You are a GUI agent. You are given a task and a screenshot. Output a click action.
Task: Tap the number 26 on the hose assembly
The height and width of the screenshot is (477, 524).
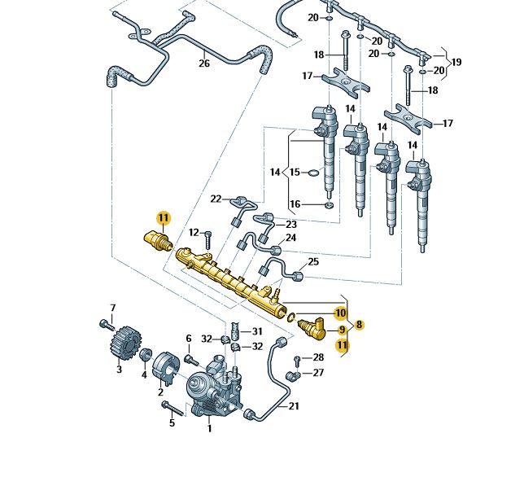(x=203, y=63)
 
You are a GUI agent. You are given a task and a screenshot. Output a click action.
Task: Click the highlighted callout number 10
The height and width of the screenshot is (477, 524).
(x=340, y=313)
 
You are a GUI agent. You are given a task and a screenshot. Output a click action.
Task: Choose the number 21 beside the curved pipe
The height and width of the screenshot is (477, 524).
(x=294, y=406)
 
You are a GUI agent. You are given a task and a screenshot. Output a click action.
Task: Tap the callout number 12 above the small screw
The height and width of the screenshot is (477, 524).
(x=194, y=233)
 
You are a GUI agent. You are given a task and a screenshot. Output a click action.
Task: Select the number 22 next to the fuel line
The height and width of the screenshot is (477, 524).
(x=216, y=199)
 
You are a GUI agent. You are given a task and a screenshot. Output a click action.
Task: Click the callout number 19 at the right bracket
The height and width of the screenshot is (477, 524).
(x=456, y=62)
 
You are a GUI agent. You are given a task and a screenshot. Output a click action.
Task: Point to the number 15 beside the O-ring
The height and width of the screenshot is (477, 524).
(x=294, y=173)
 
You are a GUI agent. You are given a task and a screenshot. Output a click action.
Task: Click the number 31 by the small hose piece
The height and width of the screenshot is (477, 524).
(x=256, y=331)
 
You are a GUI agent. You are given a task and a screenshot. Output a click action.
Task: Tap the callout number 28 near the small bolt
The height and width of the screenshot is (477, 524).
(x=318, y=357)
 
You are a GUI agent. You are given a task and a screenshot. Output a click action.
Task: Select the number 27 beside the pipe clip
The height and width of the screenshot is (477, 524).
(x=318, y=373)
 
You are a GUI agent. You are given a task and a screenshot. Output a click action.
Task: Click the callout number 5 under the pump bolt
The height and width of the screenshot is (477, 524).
(x=172, y=422)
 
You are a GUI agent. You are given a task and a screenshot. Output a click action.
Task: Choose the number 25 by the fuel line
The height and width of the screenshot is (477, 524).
(x=313, y=262)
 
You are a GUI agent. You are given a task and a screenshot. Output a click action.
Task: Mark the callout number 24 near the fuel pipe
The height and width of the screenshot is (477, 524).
(x=290, y=238)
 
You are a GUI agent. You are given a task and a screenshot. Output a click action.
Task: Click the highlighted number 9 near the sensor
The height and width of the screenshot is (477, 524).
(x=342, y=330)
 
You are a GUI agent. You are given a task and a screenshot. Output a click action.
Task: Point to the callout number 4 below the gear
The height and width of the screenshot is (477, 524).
(x=144, y=374)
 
